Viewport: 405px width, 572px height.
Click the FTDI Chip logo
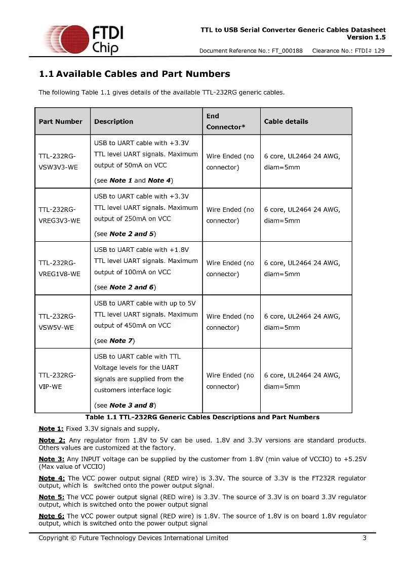tap(84, 39)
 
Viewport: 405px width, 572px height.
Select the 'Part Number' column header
tap(60, 121)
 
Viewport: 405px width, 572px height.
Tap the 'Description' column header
tap(113, 121)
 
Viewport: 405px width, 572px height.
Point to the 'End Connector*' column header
tap(225, 121)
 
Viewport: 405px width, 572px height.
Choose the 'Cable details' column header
tap(286, 121)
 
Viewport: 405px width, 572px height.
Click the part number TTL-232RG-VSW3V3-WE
tap(58, 162)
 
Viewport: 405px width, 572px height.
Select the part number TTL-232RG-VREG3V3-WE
tap(59, 215)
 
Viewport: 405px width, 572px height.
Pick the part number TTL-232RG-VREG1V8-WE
tap(59, 269)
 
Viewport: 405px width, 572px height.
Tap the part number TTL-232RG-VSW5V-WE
tap(57, 322)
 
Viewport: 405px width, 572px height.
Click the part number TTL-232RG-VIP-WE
tap(57, 381)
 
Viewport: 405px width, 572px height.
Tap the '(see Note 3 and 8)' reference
tap(125, 405)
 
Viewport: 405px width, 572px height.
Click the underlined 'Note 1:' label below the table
tap(51, 429)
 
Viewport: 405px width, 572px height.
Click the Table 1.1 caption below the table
tap(202, 417)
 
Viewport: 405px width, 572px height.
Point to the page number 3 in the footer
tap(364, 538)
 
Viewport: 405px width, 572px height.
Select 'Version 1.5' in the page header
tap(366, 37)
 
